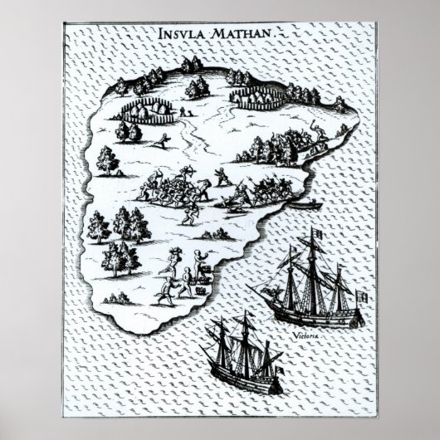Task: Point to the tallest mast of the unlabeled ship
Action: point(246,340)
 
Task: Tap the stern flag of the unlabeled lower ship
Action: point(281,365)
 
